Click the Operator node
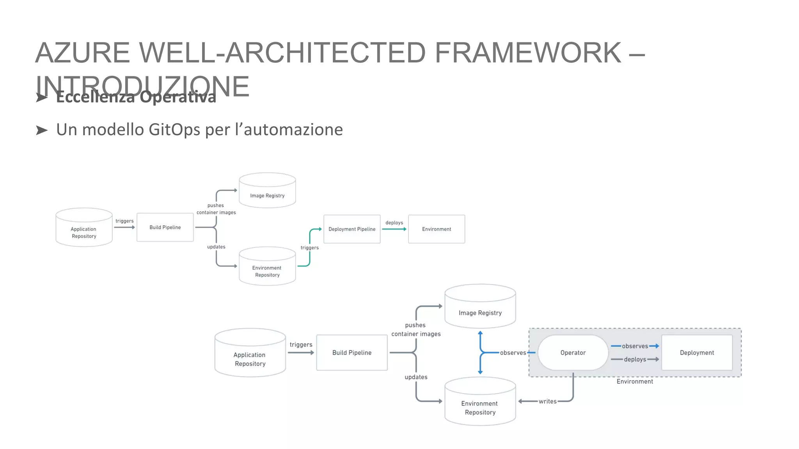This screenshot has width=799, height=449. click(x=573, y=353)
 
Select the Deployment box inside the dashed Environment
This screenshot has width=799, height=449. click(x=697, y=353)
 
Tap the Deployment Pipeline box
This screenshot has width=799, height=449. click(x=352, y=229)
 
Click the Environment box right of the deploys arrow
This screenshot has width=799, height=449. click(x=437, y=229)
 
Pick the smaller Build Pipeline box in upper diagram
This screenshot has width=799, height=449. click(x=165, y=227)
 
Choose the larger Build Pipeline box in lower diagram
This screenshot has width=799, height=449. click(x=352, y=353)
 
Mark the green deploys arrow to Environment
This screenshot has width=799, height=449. click(x=394, y=229)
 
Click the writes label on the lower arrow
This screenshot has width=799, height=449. click(x=547, y=401)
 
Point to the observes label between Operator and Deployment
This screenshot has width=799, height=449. click(x=635, y=346)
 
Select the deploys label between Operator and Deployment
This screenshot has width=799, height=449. click(x=635, y=359)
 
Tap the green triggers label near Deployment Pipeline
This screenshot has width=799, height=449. click(x=310, y=247)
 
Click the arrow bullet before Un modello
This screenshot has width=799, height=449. click(x=41, y=130)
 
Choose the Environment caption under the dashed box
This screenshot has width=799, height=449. click(x=635, y=382)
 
